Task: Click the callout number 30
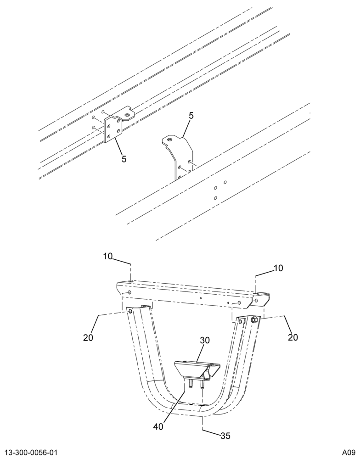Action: tap(205, 341)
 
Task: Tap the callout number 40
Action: tap(158, 427)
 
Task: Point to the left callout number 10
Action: tap(108, 257)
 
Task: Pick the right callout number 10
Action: tap(279, 268)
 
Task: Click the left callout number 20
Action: tap(88, 337)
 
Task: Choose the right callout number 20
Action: tap(292, 337)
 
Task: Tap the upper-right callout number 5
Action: tap(191, 116)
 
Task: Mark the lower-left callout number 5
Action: tap(124, 159)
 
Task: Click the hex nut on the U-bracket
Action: tap(254, 319)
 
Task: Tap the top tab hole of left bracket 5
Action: tap(127, 115)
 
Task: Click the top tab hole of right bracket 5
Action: tap(169, 140)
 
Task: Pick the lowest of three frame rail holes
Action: tap(216, 198)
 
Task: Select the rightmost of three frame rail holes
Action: tap(225, 182)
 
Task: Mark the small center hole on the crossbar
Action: tap(201, 298)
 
